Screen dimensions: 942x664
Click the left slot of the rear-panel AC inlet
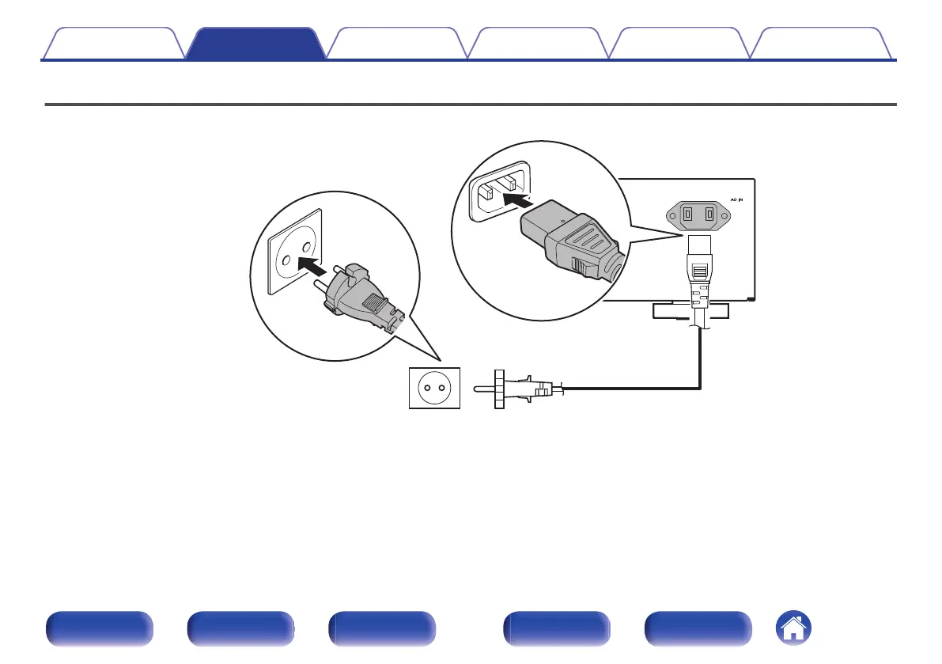coord(687,214)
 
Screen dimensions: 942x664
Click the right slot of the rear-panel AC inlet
coord(710,214)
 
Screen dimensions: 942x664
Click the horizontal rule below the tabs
coord(471,104)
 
